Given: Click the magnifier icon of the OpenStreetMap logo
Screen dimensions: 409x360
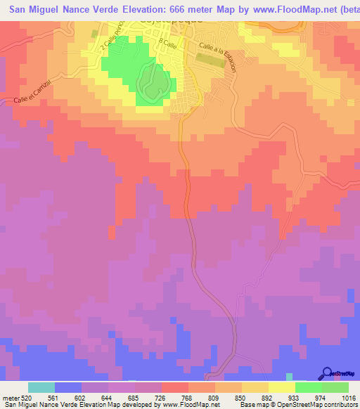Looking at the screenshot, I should coord(326,372).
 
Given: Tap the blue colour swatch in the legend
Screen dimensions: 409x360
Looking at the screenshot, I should coord(68,387).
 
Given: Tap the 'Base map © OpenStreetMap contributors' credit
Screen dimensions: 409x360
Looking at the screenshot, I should coord(297,404).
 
